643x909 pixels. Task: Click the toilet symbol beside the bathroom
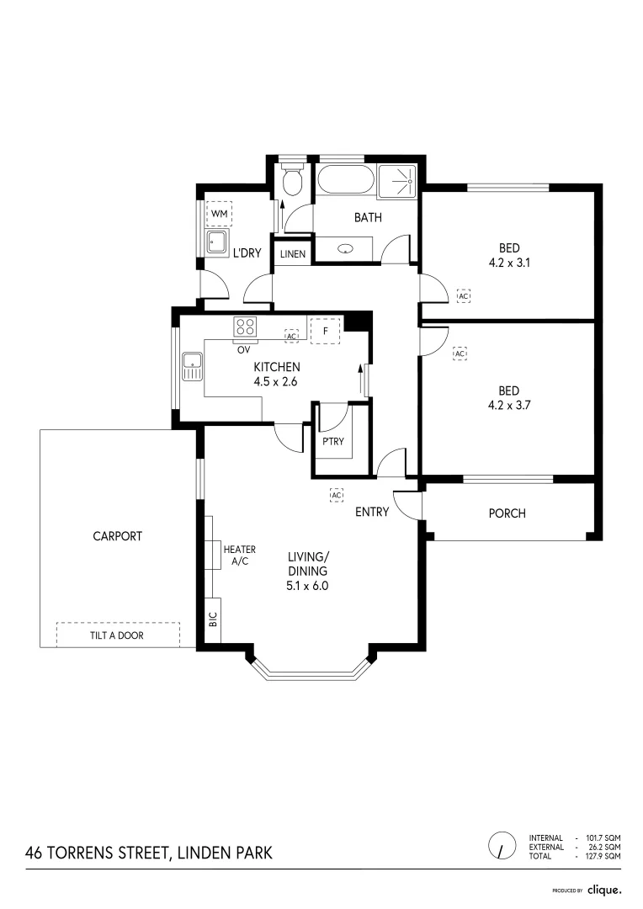291,180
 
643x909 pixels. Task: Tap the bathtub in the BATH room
346,180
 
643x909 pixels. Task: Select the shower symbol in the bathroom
397,181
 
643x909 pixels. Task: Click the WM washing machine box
219,214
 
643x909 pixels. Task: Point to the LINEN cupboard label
293,254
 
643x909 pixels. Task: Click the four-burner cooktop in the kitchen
245,327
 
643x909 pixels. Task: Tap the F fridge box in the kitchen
325,331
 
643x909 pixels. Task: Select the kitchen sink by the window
193,366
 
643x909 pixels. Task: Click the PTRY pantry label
333,442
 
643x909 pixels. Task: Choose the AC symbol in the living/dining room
337,495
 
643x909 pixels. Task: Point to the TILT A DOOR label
117,635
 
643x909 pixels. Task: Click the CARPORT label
118,536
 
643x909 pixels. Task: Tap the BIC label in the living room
214,619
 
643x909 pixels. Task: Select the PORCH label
507,513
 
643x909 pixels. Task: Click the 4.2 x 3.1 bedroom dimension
510,263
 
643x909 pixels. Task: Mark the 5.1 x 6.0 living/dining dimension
307,586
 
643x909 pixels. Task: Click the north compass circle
502,846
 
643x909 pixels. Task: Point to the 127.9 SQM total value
603,856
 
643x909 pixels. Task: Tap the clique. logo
605,890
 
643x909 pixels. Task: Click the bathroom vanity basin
346,249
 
